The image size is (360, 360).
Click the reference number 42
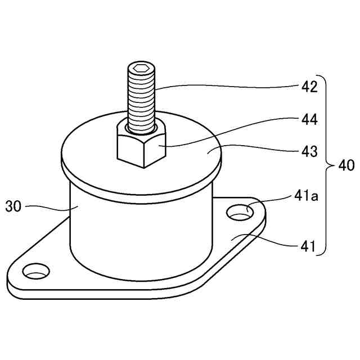309,88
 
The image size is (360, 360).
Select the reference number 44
309,120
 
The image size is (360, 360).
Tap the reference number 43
309,152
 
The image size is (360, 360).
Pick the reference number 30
13,206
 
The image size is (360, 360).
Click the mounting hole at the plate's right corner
240,213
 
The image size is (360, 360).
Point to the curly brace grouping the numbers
328,166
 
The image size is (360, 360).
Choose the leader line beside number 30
48,207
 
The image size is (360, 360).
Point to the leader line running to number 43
259,149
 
